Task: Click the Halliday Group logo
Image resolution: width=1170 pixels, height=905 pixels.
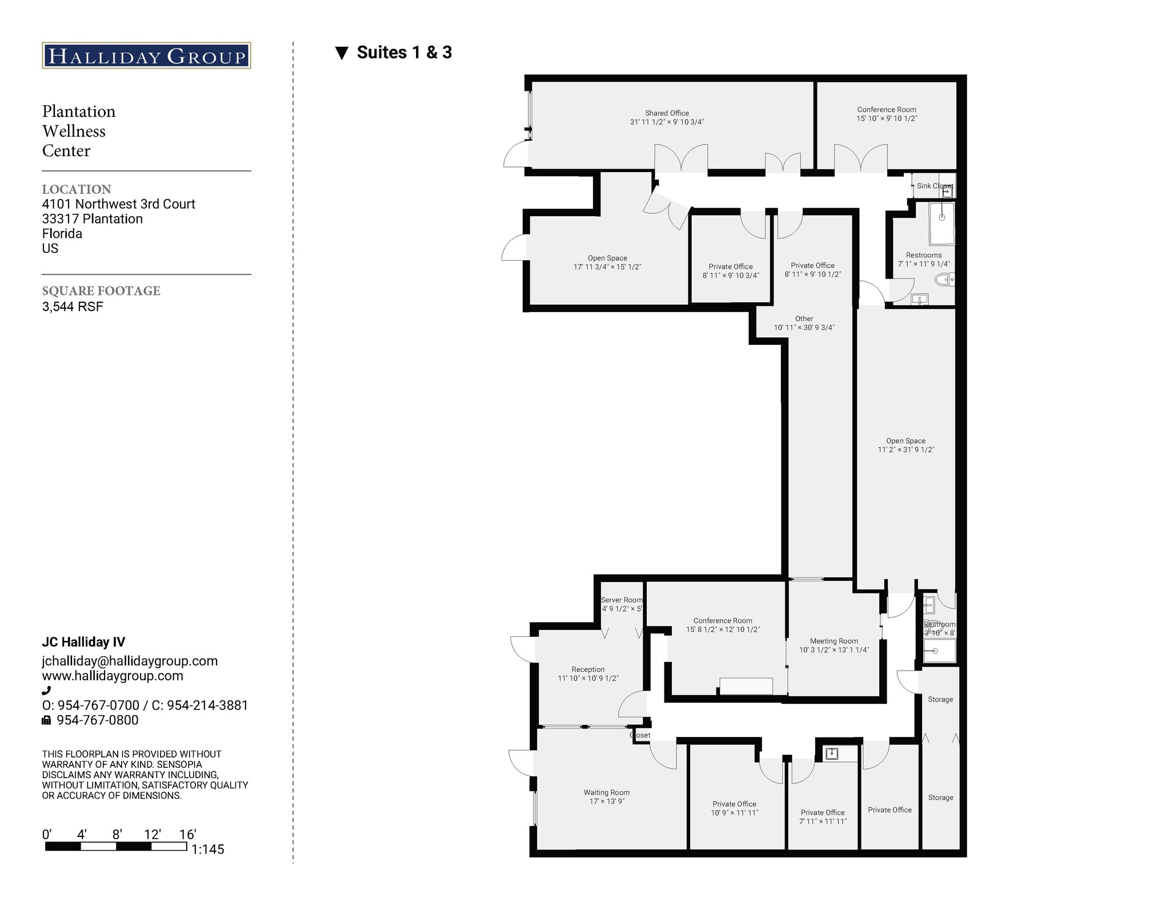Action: coord(146,55)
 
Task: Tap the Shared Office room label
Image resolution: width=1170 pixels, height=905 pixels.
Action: coord(667,113)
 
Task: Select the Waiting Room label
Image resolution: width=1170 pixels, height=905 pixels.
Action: coord(606,792)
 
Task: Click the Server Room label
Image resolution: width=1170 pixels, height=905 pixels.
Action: coord(622,600)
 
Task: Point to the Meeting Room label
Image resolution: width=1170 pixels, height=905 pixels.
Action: coord(834,641)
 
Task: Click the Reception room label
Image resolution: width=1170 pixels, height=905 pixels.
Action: coord(588,669)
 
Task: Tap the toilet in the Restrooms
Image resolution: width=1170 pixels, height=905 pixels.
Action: coord(943,280)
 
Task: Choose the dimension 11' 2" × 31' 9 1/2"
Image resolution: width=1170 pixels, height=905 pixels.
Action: coord(905,450)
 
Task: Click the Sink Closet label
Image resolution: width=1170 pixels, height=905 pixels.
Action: coord(934,186)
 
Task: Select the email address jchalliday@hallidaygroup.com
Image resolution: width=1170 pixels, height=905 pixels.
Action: coord(130,661)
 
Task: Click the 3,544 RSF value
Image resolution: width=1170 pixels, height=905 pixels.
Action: coord(73,306)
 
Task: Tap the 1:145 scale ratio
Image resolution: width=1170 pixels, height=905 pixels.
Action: coord(207,850)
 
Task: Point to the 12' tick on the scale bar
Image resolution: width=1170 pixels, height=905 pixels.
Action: coord(152,835)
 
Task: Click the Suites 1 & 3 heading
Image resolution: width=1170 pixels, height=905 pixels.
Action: coord(404,53)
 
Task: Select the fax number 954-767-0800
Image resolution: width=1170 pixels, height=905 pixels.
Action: coord(97,720)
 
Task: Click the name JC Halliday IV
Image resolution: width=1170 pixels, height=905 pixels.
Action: coord(83,642)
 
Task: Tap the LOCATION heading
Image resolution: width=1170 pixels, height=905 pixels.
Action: coord(77,189)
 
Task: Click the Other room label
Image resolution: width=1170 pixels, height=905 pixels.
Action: coord(804,319)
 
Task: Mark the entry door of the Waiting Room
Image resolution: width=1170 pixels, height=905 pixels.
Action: coord(521,763)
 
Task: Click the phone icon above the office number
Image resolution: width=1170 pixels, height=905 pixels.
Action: coord(46,691)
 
